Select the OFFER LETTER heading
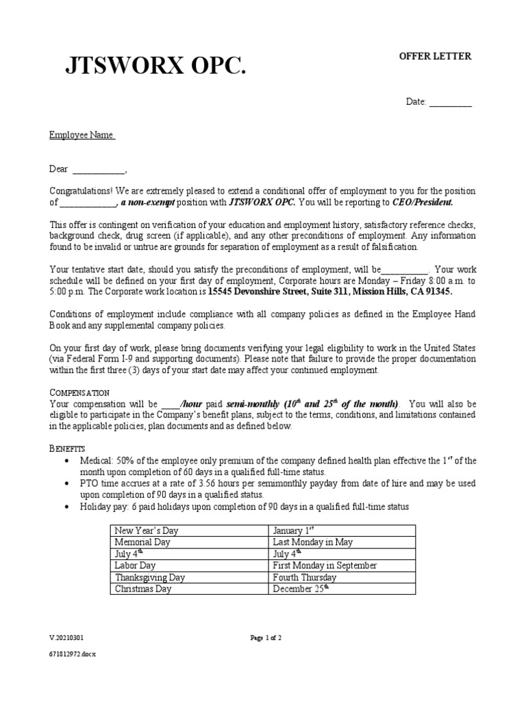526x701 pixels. (435, 56)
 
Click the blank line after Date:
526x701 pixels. (450, 102)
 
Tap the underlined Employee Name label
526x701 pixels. (82, 135)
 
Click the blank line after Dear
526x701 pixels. (99, 169)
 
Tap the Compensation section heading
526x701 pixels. (79, 392)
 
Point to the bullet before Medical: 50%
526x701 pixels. (65, 460)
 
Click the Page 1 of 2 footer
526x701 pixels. (266, 638)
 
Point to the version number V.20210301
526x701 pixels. (66, 638)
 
